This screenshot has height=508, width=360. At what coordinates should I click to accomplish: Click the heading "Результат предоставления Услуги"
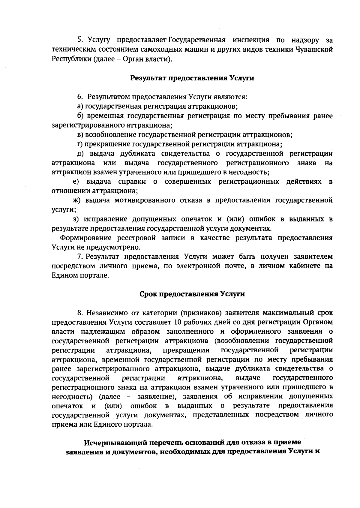192,78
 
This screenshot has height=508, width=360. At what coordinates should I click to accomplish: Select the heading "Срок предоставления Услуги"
192,294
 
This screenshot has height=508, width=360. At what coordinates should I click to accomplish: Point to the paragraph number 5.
79,40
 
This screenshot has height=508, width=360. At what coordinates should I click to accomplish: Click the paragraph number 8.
79,313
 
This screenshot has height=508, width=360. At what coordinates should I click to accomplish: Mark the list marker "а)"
80,107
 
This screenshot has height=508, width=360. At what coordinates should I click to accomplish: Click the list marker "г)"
80,144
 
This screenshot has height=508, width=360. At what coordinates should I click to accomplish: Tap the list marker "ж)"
78,200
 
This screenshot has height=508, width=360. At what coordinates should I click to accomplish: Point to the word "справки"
132,182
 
